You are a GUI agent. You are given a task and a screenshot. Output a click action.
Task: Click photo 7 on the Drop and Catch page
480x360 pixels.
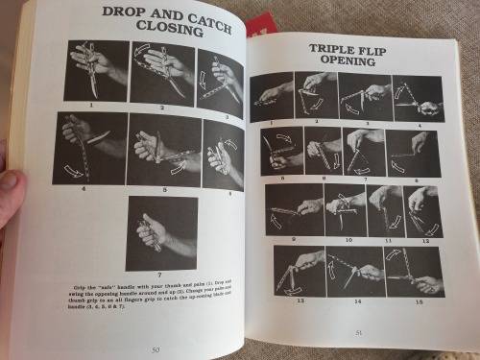(x=161, y=233)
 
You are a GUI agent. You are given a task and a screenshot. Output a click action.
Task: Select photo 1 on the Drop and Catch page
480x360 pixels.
(x=96, y=70)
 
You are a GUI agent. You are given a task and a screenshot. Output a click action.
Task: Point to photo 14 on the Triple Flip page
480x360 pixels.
(x=355, y=271)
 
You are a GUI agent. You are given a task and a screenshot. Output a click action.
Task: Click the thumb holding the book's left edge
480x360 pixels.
(x=7, y=181)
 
